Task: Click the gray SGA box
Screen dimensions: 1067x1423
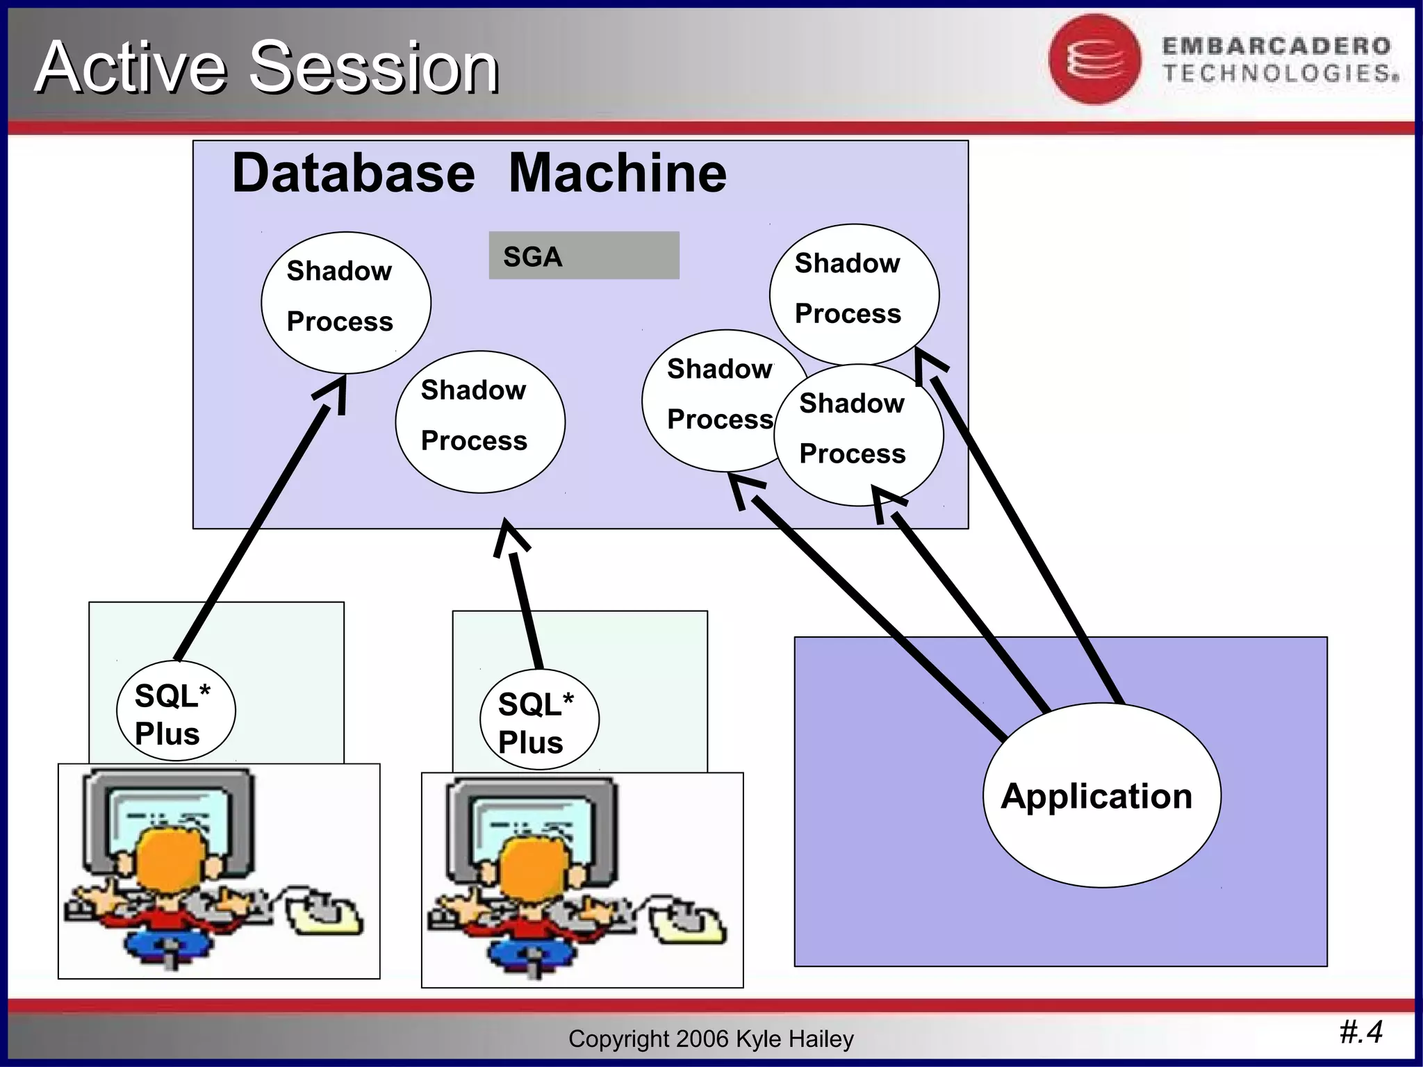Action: point(584,256)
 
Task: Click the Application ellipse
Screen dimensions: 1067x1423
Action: point(1101,795)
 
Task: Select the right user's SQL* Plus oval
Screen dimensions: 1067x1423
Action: point(538,720)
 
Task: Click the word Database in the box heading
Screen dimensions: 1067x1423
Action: point(353,173)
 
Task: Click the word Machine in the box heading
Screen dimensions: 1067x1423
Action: point(617,173)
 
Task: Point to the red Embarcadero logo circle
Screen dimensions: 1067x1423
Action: point(1094,60)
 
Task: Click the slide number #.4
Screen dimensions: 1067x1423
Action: point(1360,1032)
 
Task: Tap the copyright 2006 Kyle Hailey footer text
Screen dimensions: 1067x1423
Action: point(710,1039)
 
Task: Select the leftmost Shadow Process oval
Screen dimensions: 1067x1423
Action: point(345,302)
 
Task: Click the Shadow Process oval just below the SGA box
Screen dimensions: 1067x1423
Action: point(479,422)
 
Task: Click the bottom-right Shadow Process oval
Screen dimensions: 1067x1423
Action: point(859,436)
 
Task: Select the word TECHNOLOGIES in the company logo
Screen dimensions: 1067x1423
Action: point(1280,74)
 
